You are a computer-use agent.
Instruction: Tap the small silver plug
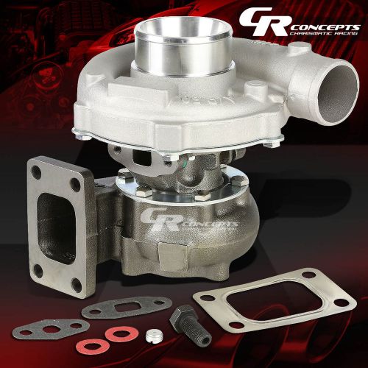(154, 336)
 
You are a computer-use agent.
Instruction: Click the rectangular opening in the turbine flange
(55, 229)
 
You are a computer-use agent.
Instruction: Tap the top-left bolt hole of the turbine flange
(36, 170)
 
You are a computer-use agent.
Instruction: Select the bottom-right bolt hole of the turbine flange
(76, 284)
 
